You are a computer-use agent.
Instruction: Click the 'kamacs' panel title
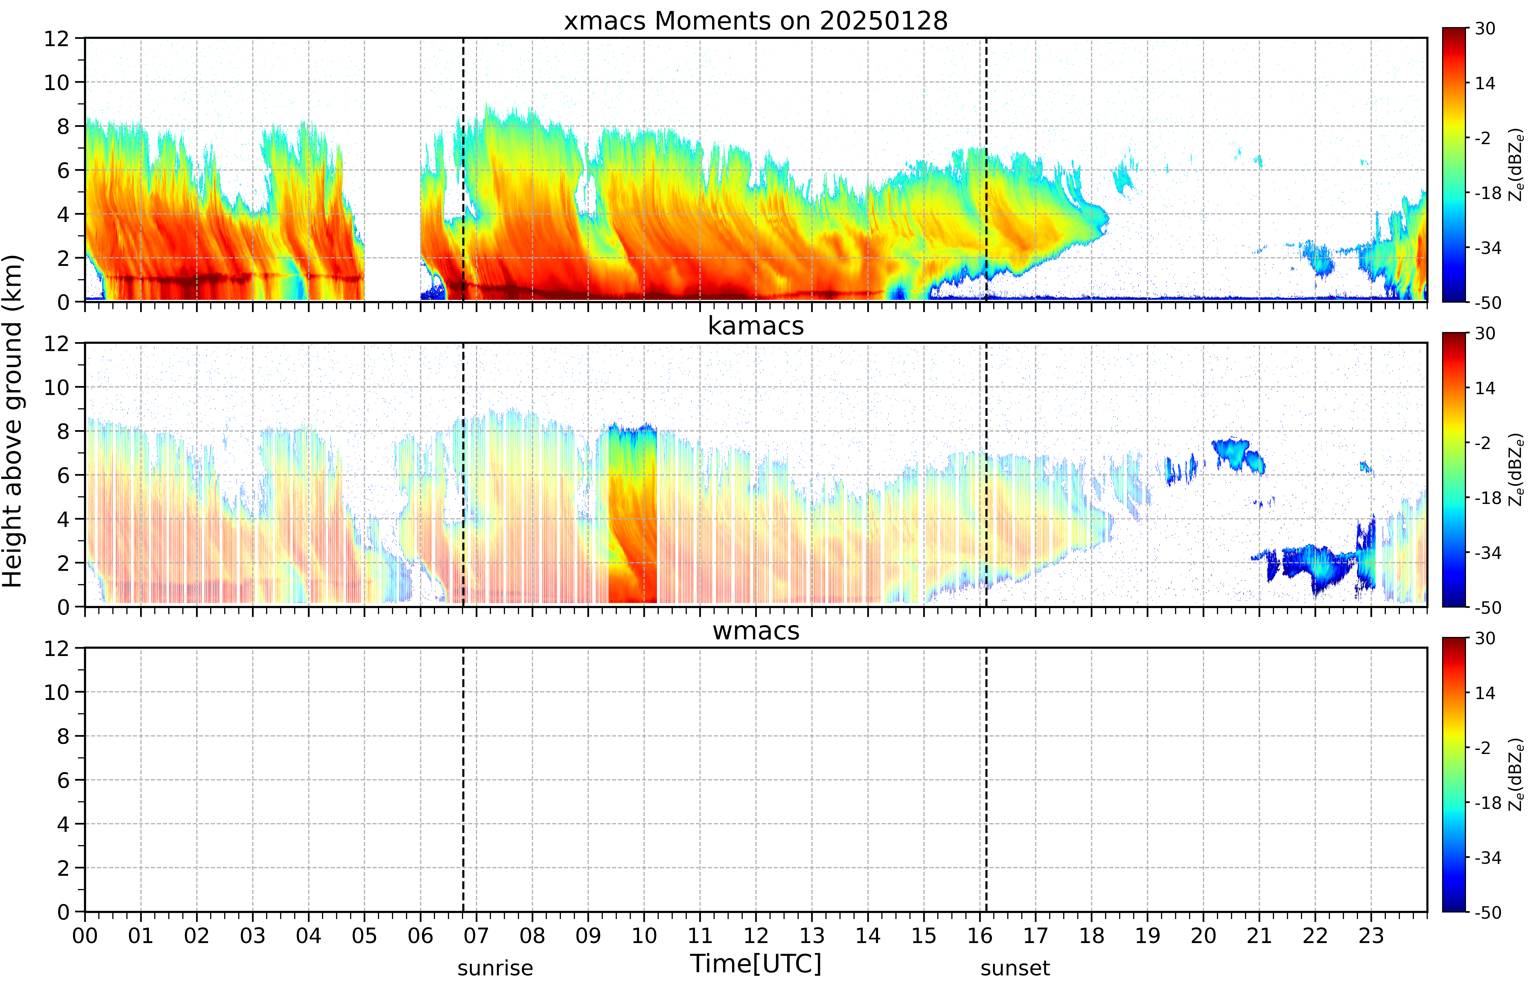click(x=756, y=326)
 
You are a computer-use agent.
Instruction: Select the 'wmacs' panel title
click(x=756, y=631)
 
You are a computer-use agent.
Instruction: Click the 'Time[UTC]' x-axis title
click(x=756, y=964)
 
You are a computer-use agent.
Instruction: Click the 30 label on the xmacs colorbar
click(x=1485, y=28)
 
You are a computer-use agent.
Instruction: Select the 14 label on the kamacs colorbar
click(x=1485, y=388)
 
